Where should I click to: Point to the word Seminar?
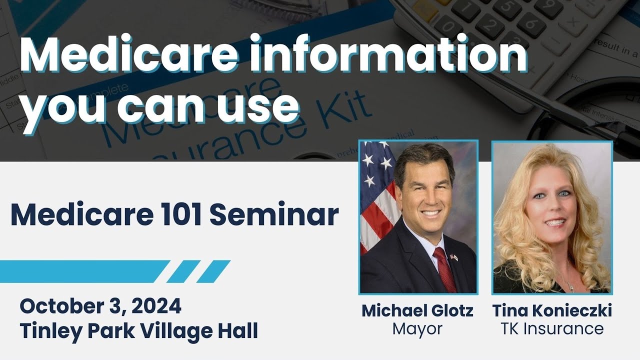[x=273, y=214]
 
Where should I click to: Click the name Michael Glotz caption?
[x=417, y=310]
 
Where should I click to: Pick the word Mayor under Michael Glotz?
[x=417, y=329]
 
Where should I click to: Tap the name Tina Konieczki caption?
[x=552, y=310]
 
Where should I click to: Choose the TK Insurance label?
[x=552, y=329]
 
